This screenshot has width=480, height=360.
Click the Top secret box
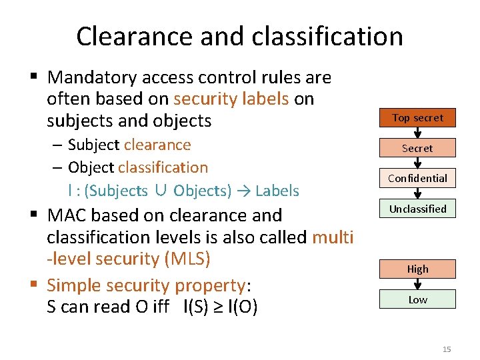point(417,118)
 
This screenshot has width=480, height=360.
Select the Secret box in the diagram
point(417,148)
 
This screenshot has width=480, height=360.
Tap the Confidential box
point(417,178)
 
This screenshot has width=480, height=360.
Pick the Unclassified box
point(417,209)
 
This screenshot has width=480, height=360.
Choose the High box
point(417,269)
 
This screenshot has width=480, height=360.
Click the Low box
point(417,299)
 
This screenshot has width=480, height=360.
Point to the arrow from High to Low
point(418,284)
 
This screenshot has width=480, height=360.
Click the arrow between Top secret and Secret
point(418,133)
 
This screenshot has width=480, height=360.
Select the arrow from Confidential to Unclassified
point(418,193)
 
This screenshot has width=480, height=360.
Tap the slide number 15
point(446,349)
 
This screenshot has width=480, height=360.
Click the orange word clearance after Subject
point(157,145)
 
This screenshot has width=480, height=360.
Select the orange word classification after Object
point(163,167)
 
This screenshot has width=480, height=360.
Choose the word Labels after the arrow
point(277,191)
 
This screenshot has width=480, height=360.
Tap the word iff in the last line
point(166,307)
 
